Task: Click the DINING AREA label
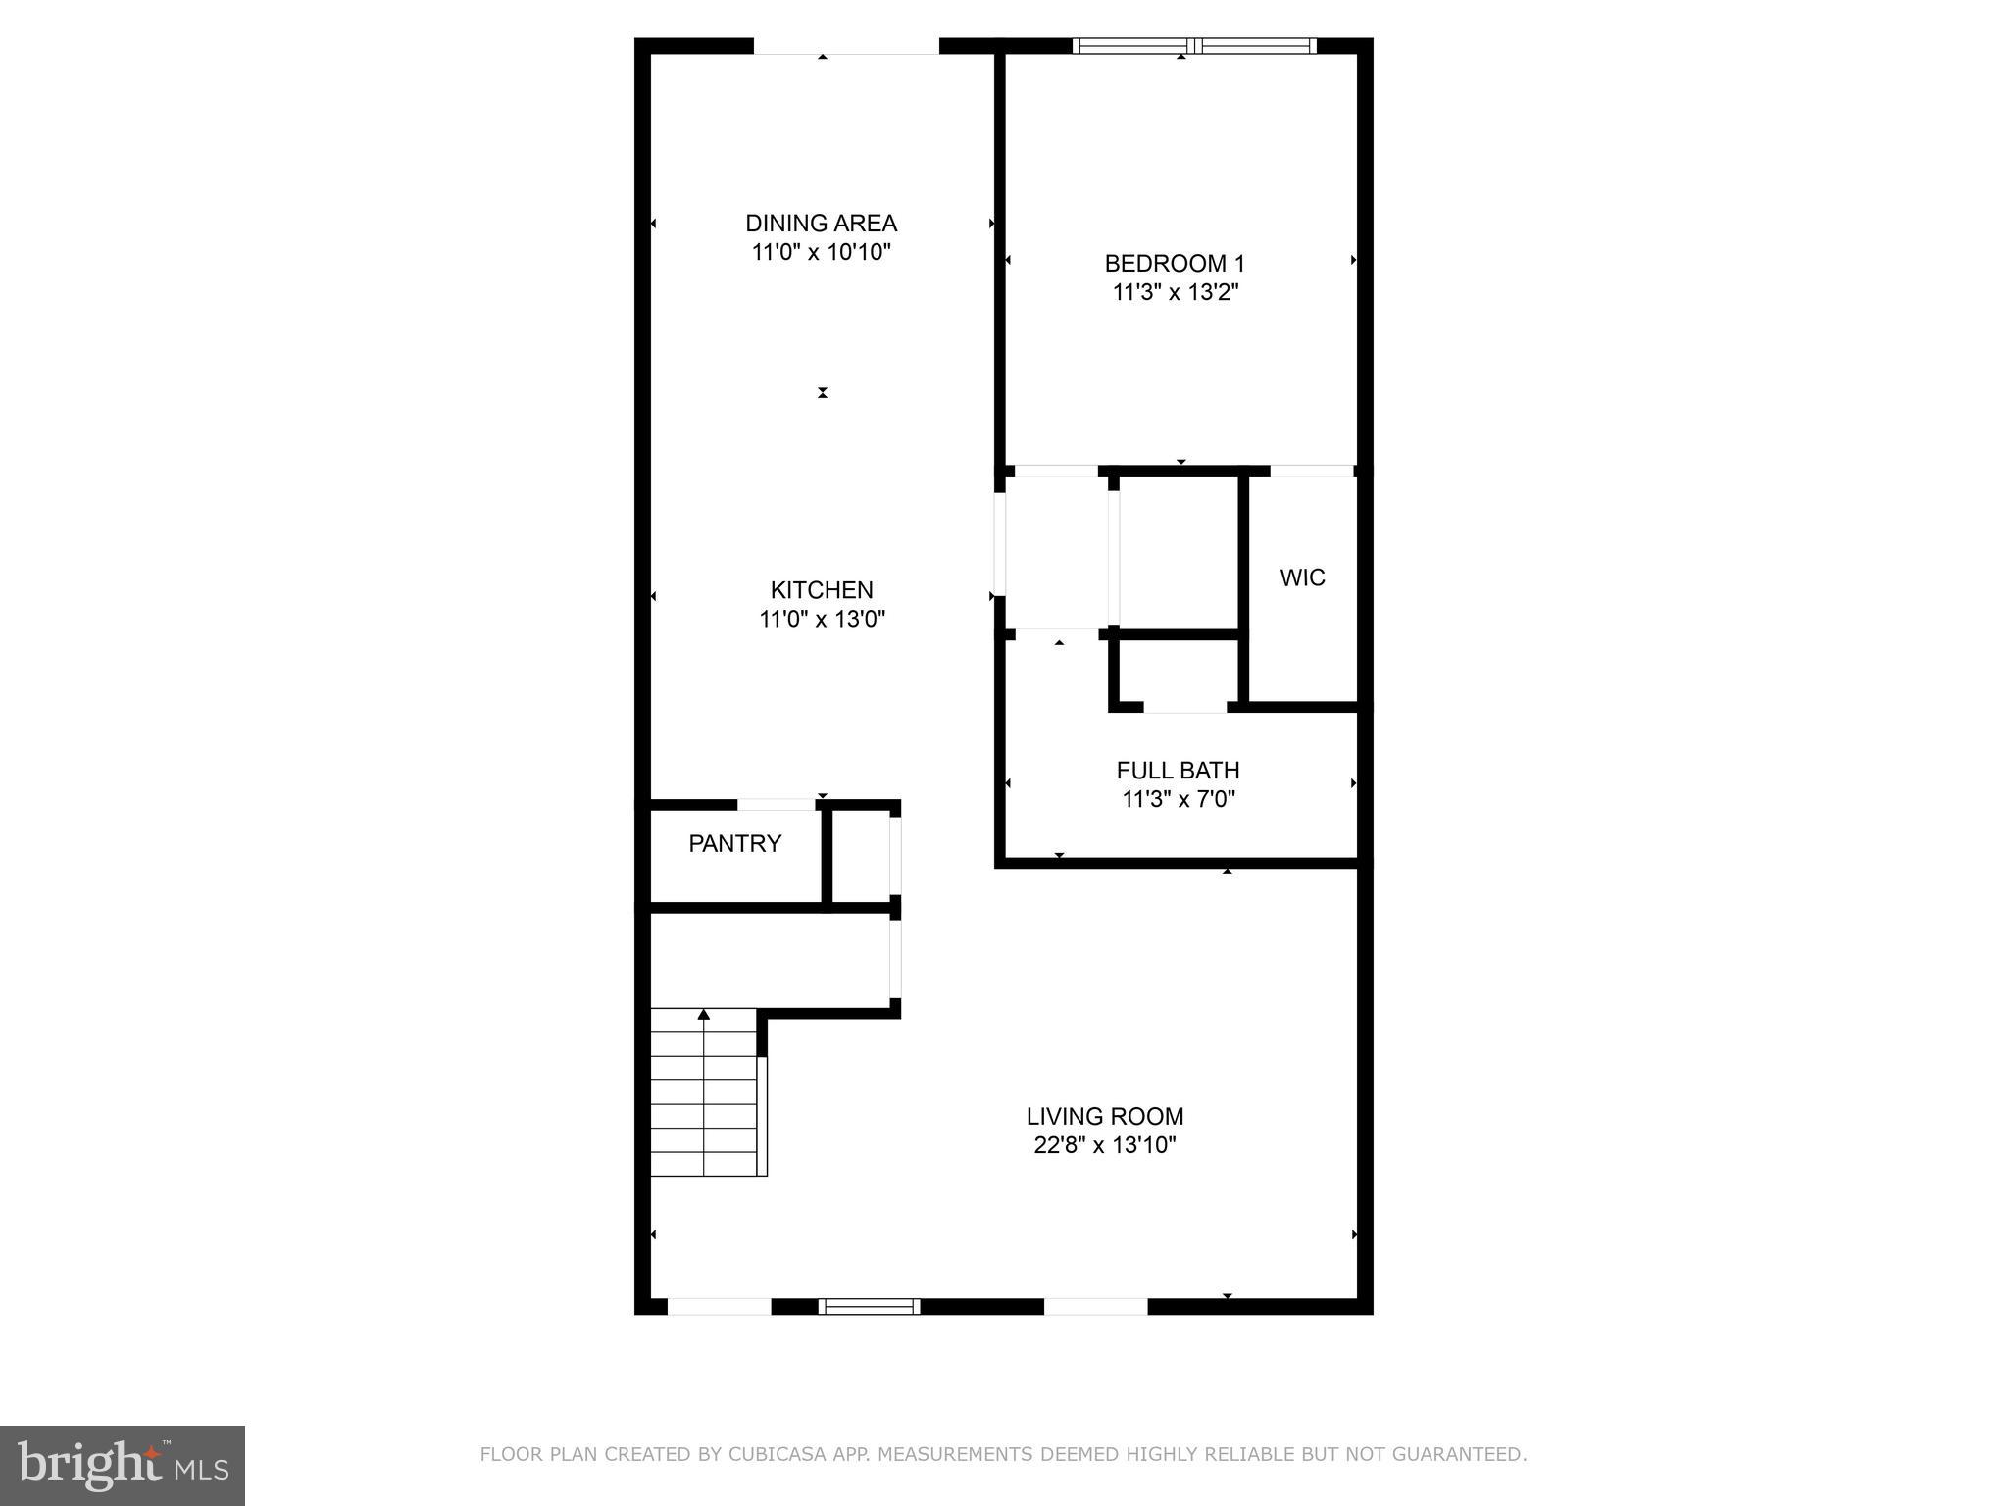tap(821, 224)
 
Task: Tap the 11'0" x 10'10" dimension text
tap(821, 253)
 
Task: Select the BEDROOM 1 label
tap(1175, 264)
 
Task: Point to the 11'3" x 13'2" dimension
tap(1176, 293)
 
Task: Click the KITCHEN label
tap(822, 590)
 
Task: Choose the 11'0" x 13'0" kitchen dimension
tap(822, 620)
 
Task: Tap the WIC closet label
tap(1302, 578)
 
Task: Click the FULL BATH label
tap(1178, 771)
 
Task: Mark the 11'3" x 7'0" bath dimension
tap(1178, 800)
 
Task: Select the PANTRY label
tap(734, 844)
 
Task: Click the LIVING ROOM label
tap(1105, 1117)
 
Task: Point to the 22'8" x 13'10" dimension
tap(1105, 1145)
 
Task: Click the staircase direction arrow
tap(703, 1015)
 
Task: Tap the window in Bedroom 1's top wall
tap(1193, 45)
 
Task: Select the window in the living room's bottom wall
tap(869, 1306)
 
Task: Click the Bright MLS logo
tap(123, 1465)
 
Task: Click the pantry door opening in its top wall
tap(777, 805)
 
